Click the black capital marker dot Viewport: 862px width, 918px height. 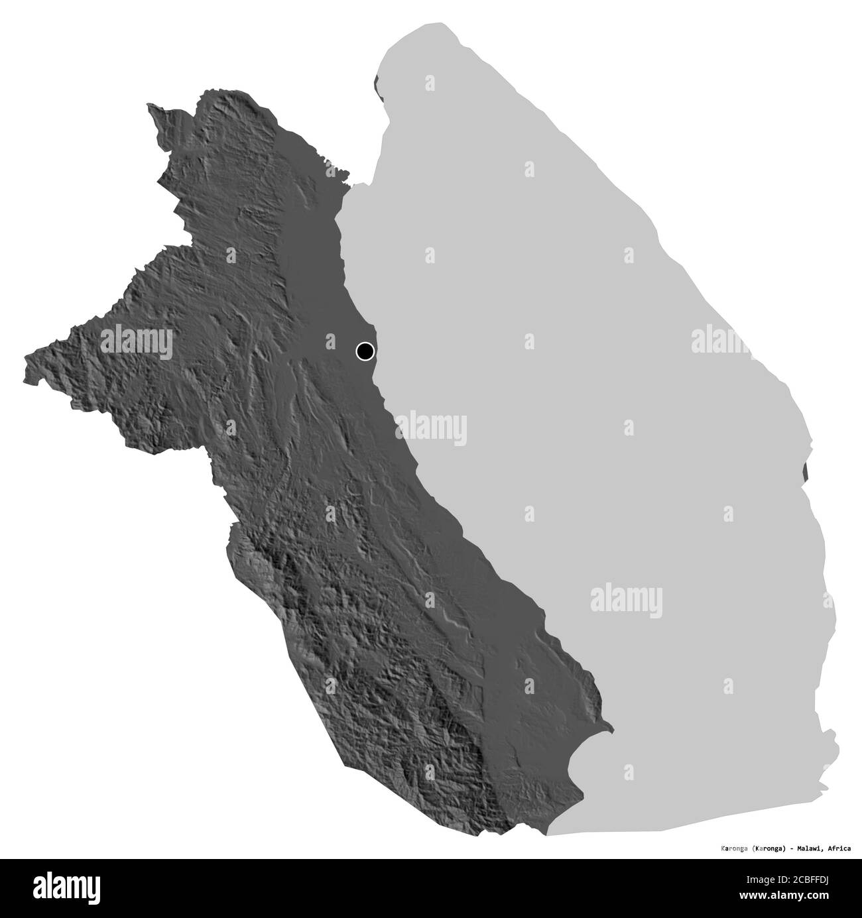click(x=365, y=351)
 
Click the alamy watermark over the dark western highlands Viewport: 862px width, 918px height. click(x=137, y=341)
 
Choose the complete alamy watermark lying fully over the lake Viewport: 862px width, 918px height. click(x=627, y=597)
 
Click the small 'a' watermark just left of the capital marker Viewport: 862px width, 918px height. click(x=330, y=341)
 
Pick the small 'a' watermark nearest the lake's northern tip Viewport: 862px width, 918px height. click(x=430, y=84)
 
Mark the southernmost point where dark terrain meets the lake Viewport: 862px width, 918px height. click(x=548, y=834)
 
